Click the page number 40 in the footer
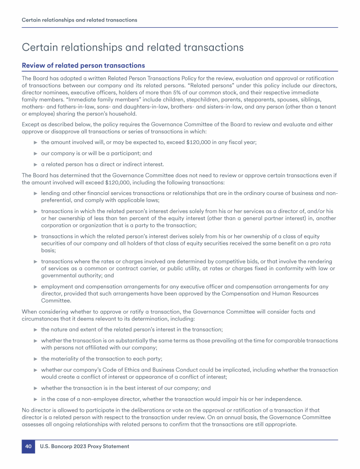pos(28,446)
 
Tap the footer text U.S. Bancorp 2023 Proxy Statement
pos(84,446)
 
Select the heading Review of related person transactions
pos(83,65)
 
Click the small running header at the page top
pos(79,20)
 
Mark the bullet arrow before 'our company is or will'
pos(35,153)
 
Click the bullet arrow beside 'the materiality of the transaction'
pos(35,359)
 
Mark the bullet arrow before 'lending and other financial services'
pos(35,193)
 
